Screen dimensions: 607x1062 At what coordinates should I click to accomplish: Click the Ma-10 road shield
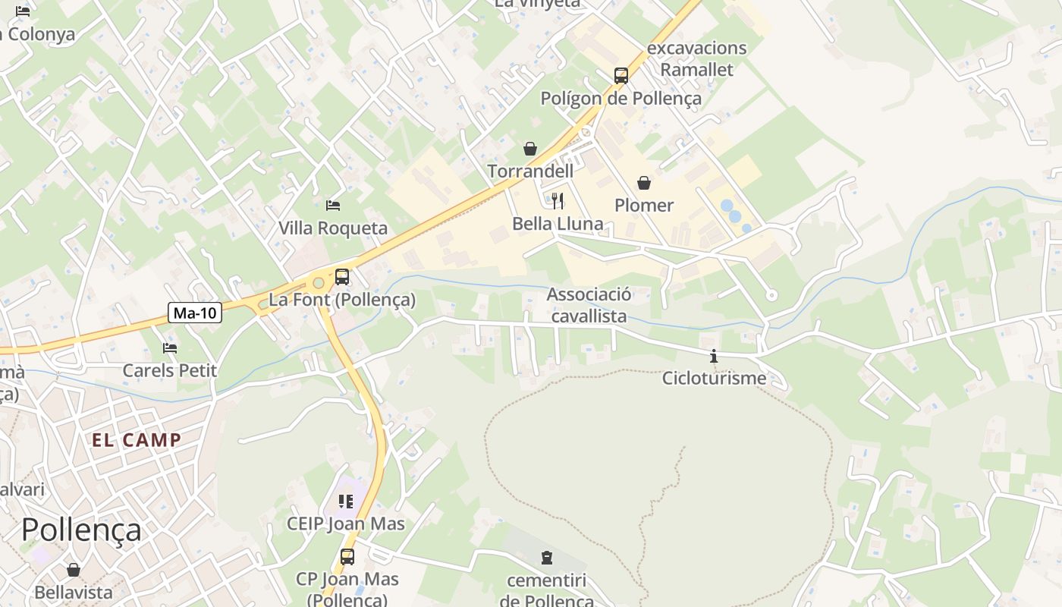[195, 312]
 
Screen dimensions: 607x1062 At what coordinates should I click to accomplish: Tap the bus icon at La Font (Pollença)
[342, 277]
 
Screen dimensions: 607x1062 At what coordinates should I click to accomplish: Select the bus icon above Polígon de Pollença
[621, 76]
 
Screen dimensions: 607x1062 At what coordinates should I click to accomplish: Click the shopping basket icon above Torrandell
[530, 149]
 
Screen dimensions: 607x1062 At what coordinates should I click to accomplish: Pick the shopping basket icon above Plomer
[644, 183]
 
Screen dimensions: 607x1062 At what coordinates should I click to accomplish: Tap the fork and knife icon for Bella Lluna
[558, 200]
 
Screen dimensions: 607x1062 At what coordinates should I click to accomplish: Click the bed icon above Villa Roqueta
[332, 205]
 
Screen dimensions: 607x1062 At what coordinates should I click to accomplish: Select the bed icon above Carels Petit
[170, 348]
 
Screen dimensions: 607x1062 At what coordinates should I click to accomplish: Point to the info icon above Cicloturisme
[714, 355]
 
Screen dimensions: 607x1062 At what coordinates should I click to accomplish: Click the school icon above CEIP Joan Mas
[346, 501]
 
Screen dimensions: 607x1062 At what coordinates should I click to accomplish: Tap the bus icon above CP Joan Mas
[347, 557]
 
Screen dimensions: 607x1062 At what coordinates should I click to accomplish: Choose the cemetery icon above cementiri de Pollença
[546, 558]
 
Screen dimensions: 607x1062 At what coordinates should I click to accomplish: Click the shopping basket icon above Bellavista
[74, 569]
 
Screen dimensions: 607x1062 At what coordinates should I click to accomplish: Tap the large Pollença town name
[81, 530]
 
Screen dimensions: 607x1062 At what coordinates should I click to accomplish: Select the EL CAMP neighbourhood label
[137, 440]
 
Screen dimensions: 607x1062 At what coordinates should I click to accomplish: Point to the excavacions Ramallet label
[696, 58]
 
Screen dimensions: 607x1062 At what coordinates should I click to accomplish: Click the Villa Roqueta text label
[332, 228]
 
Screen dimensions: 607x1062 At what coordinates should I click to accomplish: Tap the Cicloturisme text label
[714, 378]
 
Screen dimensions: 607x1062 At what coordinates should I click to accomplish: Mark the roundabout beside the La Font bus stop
[319, 283]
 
